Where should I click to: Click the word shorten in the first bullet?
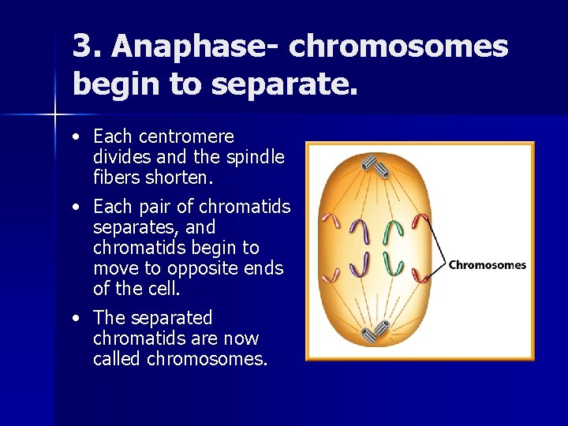178,177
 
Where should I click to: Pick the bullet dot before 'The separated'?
73,319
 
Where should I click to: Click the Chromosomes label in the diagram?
487,265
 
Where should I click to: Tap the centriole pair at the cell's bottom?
372,332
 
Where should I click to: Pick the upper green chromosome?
392,230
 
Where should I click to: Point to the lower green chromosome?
393,263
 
